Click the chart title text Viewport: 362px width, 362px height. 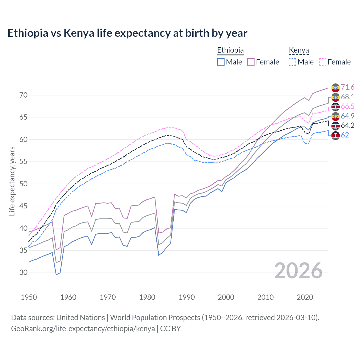click(127, 33)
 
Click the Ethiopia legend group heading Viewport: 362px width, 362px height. click(230, 50)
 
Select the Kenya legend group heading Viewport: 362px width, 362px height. click(299, 50)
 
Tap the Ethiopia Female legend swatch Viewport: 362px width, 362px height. click(251, 62)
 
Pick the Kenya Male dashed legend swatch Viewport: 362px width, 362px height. click(292, 62)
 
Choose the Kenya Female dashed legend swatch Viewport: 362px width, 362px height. click(323, 62)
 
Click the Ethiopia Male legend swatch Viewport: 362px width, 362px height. click(221, 62)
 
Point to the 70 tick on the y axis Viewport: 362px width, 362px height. click(23, 95)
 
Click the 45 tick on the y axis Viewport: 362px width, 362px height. click(23, 206)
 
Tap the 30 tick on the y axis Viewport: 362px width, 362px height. click(23, 273)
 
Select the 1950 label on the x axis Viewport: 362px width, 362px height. click(29, 297)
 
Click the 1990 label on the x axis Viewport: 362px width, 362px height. click(187, 297)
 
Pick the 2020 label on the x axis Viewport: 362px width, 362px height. click(305, 297)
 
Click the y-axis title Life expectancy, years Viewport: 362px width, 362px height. click(12, 181)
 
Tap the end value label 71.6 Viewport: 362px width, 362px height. click(348, 87)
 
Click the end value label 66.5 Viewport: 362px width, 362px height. click(348, 106)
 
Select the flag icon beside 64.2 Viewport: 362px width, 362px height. click(335, 126)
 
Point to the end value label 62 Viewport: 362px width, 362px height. click(345, 135)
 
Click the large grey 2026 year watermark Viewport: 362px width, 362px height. click(298, 271)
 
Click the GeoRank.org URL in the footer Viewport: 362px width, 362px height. click(83, 329)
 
